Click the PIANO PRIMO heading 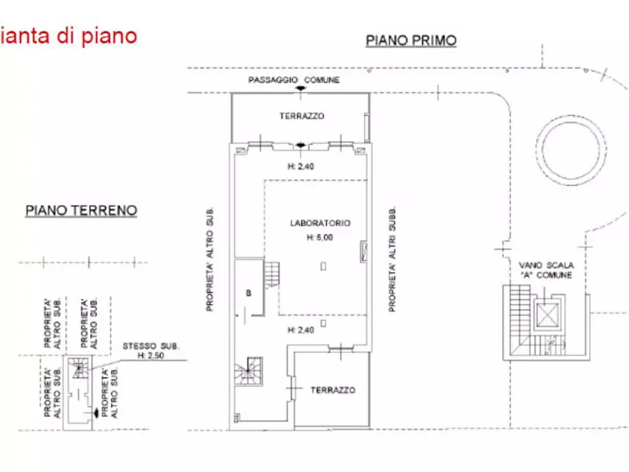[x=411, y=40]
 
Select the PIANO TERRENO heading [x=81, y=210]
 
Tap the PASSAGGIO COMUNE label [x=294, y=80]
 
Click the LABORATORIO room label [x=320, y=223]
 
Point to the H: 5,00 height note [x=319, y=237]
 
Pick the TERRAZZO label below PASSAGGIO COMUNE [x=301, y=116]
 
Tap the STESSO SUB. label [x=151, y=347]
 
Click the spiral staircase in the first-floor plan [x=249, y=371]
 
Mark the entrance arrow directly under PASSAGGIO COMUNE [x=301, y=88]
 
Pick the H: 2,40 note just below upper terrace [x=300, y=167]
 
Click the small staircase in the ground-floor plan [x=80, y=365]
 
